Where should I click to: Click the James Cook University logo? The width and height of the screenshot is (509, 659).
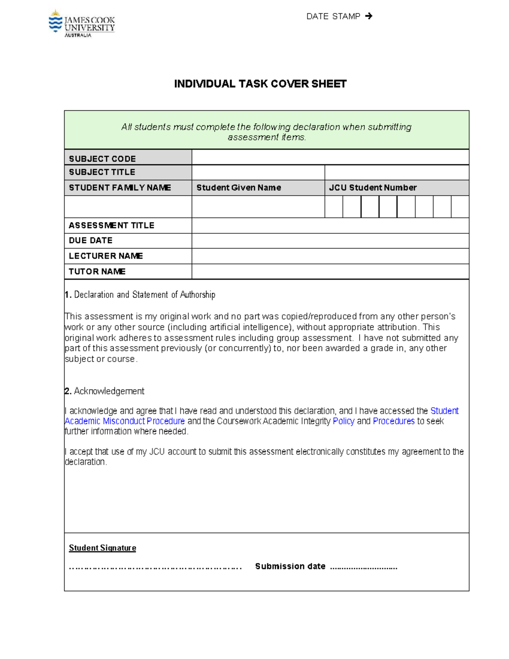(81, 24)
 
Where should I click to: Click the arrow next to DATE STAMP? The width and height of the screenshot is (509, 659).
(369, 16)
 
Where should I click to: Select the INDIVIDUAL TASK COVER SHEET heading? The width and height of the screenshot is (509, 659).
(260, 84)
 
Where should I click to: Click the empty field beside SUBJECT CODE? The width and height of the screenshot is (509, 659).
(330, 157)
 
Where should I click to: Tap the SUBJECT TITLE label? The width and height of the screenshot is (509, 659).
(102, 172)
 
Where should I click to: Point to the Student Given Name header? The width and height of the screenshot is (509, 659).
(238, 188)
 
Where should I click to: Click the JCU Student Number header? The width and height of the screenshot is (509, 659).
(372, 188)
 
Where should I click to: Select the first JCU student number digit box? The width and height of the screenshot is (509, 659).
(333, 207)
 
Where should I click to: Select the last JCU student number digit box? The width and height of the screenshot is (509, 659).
(460, 207)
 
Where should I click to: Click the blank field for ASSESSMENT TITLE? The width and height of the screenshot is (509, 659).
(330, 226)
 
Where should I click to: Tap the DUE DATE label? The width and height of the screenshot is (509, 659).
(90, 241)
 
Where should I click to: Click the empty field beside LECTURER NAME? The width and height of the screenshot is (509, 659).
(330, 256)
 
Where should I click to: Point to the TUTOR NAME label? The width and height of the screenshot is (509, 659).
(97, 272)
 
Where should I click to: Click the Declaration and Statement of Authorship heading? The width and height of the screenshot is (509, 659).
(144, 295)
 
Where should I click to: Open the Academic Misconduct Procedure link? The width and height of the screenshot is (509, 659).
(124, 421)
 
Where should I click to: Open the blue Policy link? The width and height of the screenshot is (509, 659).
(344, 421)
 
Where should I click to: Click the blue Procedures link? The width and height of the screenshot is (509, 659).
(394, 421)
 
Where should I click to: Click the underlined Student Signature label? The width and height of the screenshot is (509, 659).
(102, 548)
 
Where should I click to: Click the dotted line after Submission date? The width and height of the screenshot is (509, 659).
(364, 567)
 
